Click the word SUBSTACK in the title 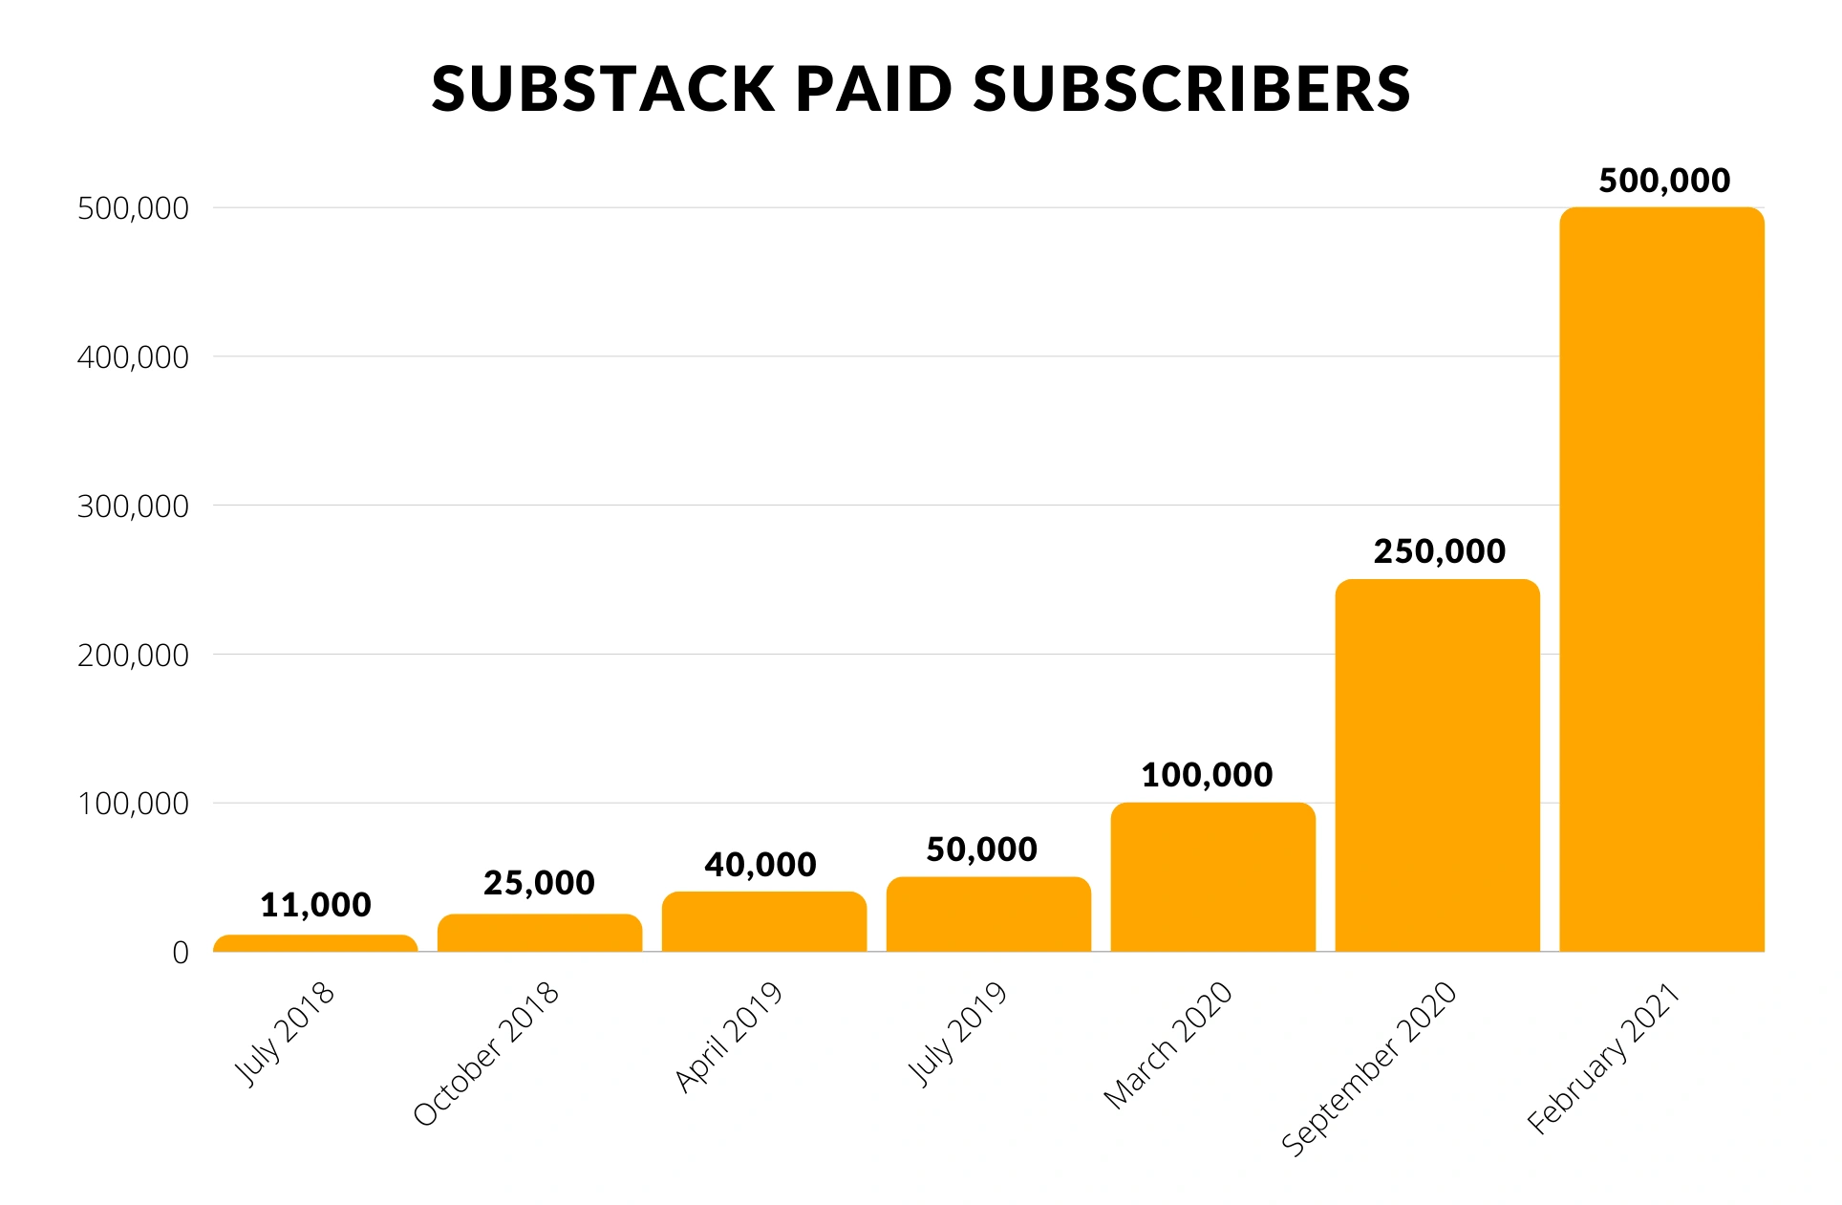(x=602, y=89)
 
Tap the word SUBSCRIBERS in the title (x=1191, y=89)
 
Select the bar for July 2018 (x=315, y=943)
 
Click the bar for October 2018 (x=540, y=933)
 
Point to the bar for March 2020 (x=1212, y=877)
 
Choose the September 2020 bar (x=1437, y=764)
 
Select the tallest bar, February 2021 (x=1661, y=579)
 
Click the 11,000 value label (x=315, y=905)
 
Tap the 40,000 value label (x=760, y=865)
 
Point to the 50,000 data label (x=981, y=850)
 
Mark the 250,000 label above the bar (x=1439, y=551)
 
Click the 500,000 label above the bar (x=1664, y=181)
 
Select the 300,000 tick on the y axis (x=133, y=506)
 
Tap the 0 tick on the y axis (x=181, y=953)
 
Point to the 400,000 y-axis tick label (x=133, y=357)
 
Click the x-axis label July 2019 (x=957, y=1034)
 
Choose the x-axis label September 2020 (x=1369, y=1068)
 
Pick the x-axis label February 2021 (x=1604, y=1058)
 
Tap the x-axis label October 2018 (x=486, y=1053)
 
